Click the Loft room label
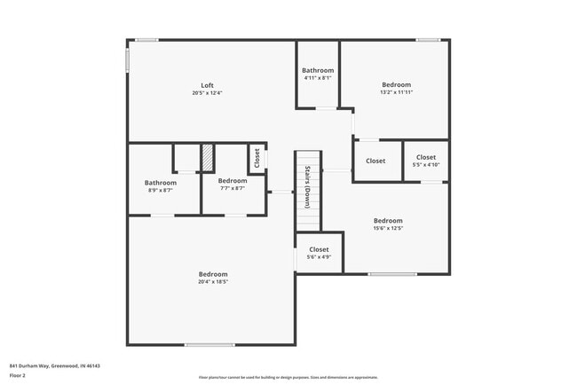click(x=206, y=85)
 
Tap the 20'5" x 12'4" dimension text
click(x=206, y=93)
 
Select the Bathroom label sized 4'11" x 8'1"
click(x=318, y=70)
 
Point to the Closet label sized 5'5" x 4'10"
click(x=426, y=157)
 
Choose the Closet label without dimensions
click(x=375, y=161)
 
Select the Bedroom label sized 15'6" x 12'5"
click(x=388, y=221)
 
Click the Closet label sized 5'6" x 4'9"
click(x=319, y=249)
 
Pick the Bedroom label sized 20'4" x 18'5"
click(x=213, y=274)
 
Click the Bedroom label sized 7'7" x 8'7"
click(x=232, y=181)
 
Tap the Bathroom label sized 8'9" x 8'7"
click(x=161, y=183)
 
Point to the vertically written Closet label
click(x=257, y=158)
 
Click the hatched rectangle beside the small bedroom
click(x=208, y=158)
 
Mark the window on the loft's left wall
click(x=128, y=60)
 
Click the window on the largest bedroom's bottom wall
click(x=209, y=345)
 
